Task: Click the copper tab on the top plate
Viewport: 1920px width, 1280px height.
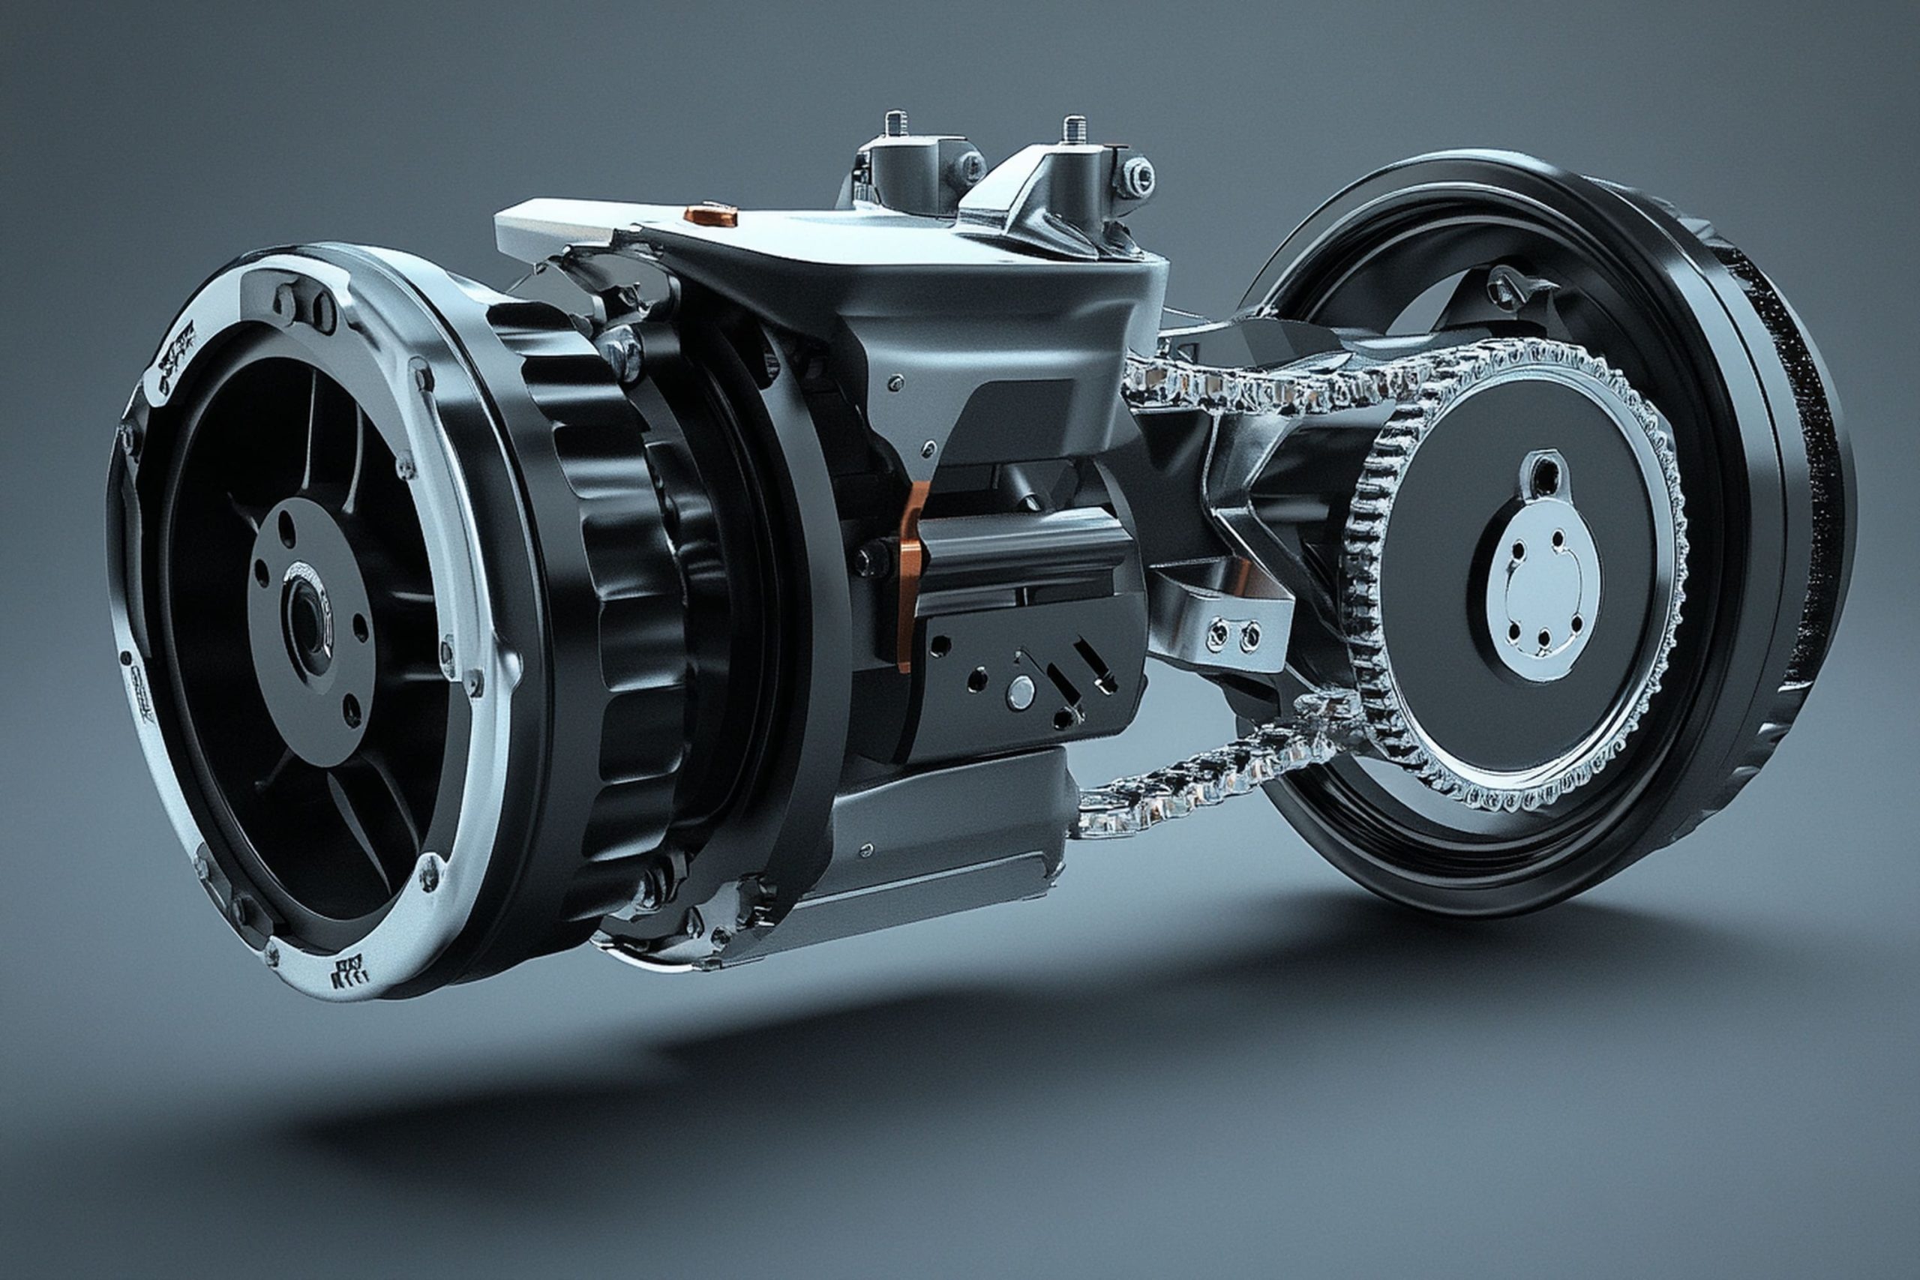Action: pos(710,215)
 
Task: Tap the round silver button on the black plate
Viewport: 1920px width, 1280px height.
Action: pos(1019,693)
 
